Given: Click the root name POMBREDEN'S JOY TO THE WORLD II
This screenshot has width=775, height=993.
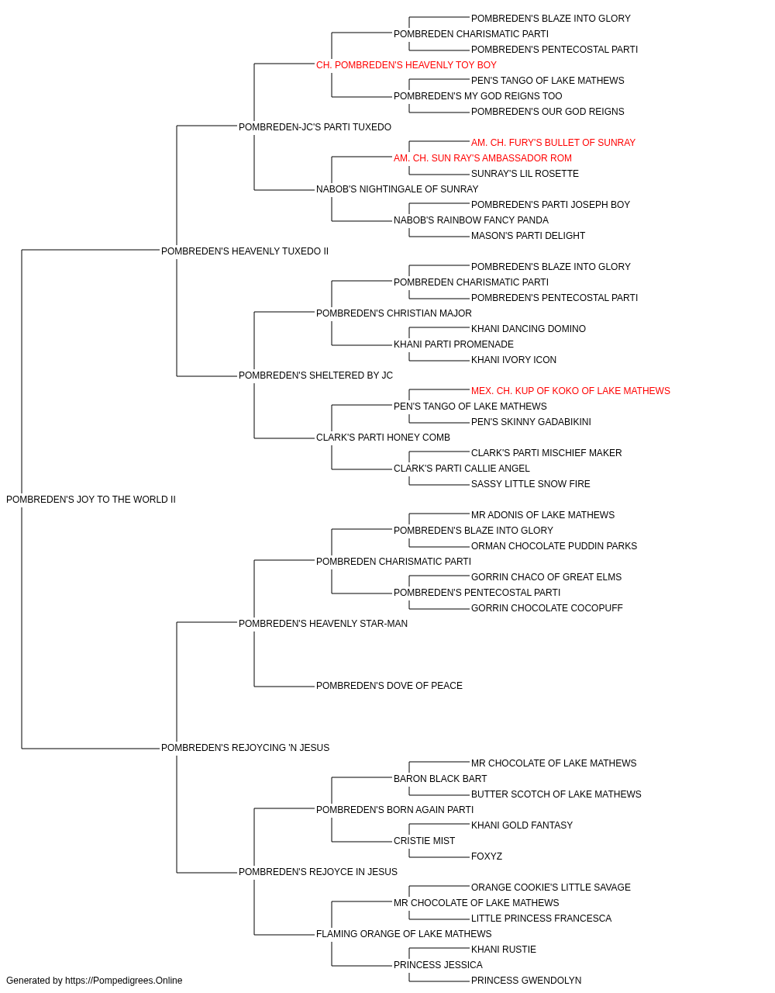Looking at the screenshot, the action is [91, 500].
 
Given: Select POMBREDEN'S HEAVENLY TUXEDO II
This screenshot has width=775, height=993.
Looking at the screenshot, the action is [245, 251].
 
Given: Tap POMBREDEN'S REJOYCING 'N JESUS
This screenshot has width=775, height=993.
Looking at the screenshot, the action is [245, 748].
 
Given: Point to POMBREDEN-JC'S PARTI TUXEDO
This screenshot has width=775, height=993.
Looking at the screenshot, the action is [315, 127].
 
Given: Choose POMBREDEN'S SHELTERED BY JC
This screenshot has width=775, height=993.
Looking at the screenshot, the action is [315, 375].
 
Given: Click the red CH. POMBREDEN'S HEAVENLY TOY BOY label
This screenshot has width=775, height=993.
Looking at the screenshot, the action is [406, 65].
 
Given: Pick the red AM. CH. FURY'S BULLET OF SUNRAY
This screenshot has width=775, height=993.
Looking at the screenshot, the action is [553, 143].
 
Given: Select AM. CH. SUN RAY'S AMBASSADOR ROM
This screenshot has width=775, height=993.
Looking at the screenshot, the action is [482, 158].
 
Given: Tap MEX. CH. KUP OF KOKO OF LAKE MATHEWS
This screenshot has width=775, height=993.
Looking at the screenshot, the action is [570, 391].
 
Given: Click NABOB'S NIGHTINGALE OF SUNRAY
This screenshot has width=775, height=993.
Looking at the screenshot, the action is [397, 189].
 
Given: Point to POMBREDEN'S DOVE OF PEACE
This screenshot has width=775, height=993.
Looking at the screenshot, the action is [389, 686].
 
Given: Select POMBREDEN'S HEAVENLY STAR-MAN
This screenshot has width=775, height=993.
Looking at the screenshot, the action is [323, 623].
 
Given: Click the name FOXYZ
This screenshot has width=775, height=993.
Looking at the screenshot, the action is [487, 856].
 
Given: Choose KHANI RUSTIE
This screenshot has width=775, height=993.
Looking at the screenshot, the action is [504, 949].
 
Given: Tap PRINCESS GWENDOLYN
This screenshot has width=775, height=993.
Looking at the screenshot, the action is [526, 981].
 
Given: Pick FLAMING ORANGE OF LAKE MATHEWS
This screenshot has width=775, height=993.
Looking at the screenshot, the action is [404, 933].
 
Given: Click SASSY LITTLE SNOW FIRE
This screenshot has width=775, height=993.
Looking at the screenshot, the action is [530, 484].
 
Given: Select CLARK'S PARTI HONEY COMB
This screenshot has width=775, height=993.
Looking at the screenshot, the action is [383, 438].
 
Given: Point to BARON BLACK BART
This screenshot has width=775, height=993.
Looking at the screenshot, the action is [440, 779].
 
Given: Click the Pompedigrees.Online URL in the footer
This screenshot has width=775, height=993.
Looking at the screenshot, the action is [123, 981].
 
